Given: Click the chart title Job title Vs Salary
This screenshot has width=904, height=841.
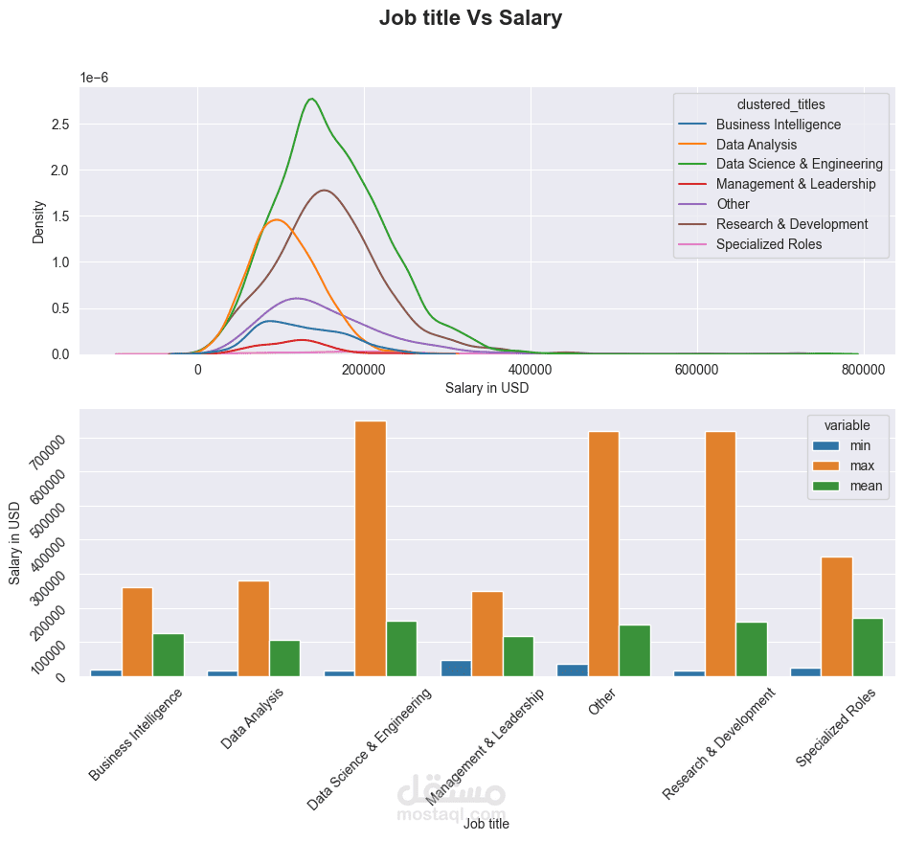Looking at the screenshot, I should click(470, 18).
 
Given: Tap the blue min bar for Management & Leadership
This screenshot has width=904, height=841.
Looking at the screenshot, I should click(456, 668).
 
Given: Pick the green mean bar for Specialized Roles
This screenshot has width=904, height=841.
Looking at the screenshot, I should click(868, 647).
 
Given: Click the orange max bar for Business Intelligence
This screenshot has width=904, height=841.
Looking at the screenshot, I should click(137, 631).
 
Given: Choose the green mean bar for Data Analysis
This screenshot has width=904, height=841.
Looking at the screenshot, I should click(284, 657).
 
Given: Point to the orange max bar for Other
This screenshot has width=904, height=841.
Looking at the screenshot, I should click(603, 554).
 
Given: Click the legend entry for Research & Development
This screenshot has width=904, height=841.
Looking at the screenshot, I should click(791, 224).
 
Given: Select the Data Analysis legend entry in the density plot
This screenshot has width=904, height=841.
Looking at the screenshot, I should click(756, 145).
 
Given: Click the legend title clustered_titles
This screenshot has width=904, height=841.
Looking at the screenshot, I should click(780, 103).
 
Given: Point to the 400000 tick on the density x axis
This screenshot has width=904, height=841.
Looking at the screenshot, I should click(531, 369).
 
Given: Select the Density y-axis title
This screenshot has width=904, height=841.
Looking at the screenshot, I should click(38, 221).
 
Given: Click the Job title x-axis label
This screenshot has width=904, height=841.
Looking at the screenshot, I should click(486, 823).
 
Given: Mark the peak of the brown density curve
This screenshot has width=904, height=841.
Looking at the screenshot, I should click(326, 190).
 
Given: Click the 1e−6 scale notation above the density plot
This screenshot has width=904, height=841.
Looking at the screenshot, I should click(94, 78).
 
